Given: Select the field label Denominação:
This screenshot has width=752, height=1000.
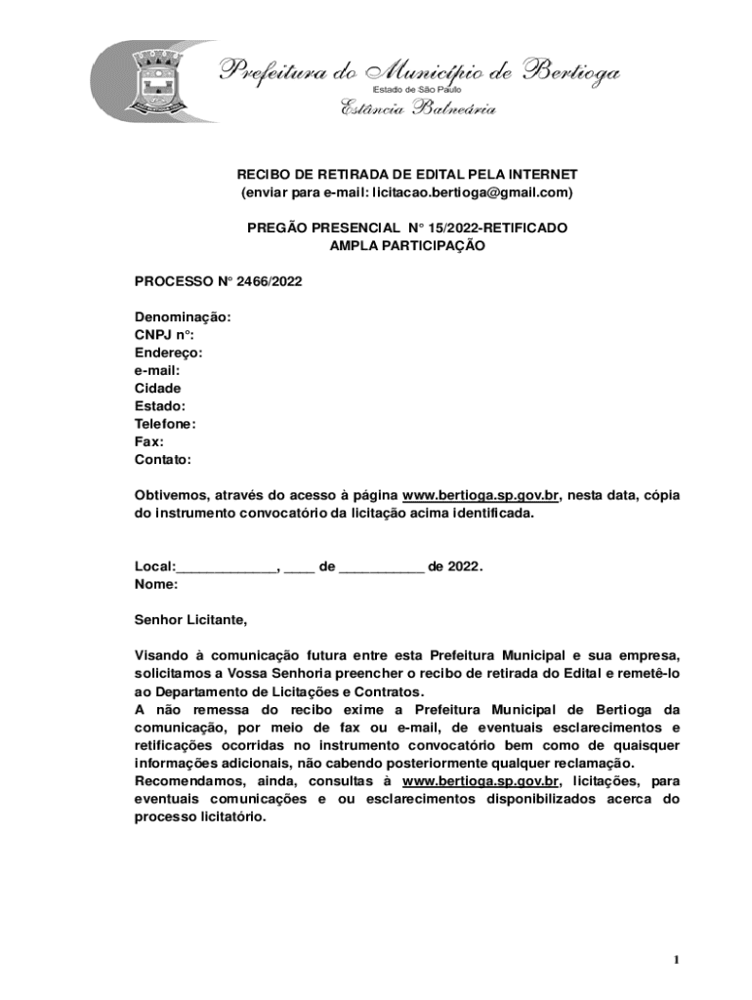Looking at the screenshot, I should [183, 317].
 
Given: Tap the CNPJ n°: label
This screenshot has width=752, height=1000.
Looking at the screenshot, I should [164, 335].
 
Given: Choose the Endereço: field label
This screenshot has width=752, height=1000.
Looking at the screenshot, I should [168, 353].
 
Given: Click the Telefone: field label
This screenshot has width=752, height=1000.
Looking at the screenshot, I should [165, 424].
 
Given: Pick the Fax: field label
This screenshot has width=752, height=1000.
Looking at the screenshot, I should [148, 441].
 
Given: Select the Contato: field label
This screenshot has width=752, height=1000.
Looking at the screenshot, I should [162, 459].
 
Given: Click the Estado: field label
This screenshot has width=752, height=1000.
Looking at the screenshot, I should [159, 406].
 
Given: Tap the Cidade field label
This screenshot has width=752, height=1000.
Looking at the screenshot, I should [157, 389].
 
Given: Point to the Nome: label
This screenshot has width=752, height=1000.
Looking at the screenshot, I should [156, 584].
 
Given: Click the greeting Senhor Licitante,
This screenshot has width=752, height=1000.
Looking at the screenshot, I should [190, 619].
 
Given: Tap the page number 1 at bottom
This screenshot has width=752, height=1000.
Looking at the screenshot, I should [675, 960].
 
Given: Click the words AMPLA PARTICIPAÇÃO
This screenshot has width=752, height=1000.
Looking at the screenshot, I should [406, 246].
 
